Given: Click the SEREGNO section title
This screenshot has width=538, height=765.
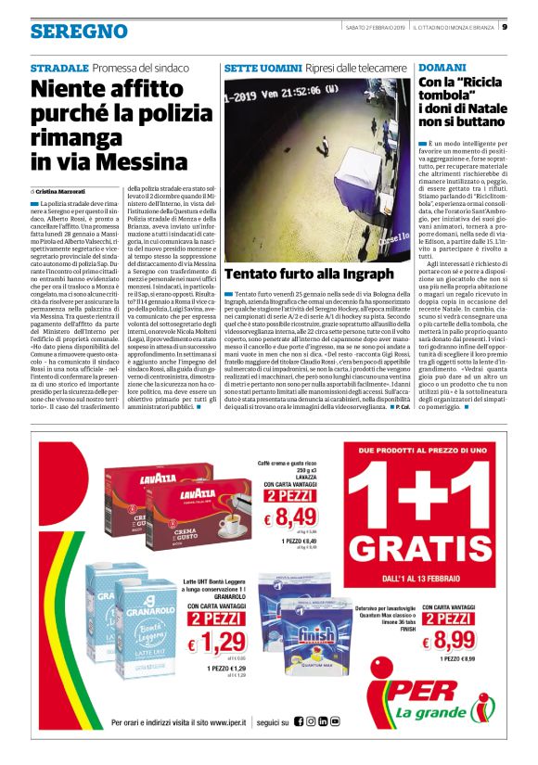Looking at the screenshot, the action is point(78,32).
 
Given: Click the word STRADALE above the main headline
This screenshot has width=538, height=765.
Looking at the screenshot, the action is point(59,70).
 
